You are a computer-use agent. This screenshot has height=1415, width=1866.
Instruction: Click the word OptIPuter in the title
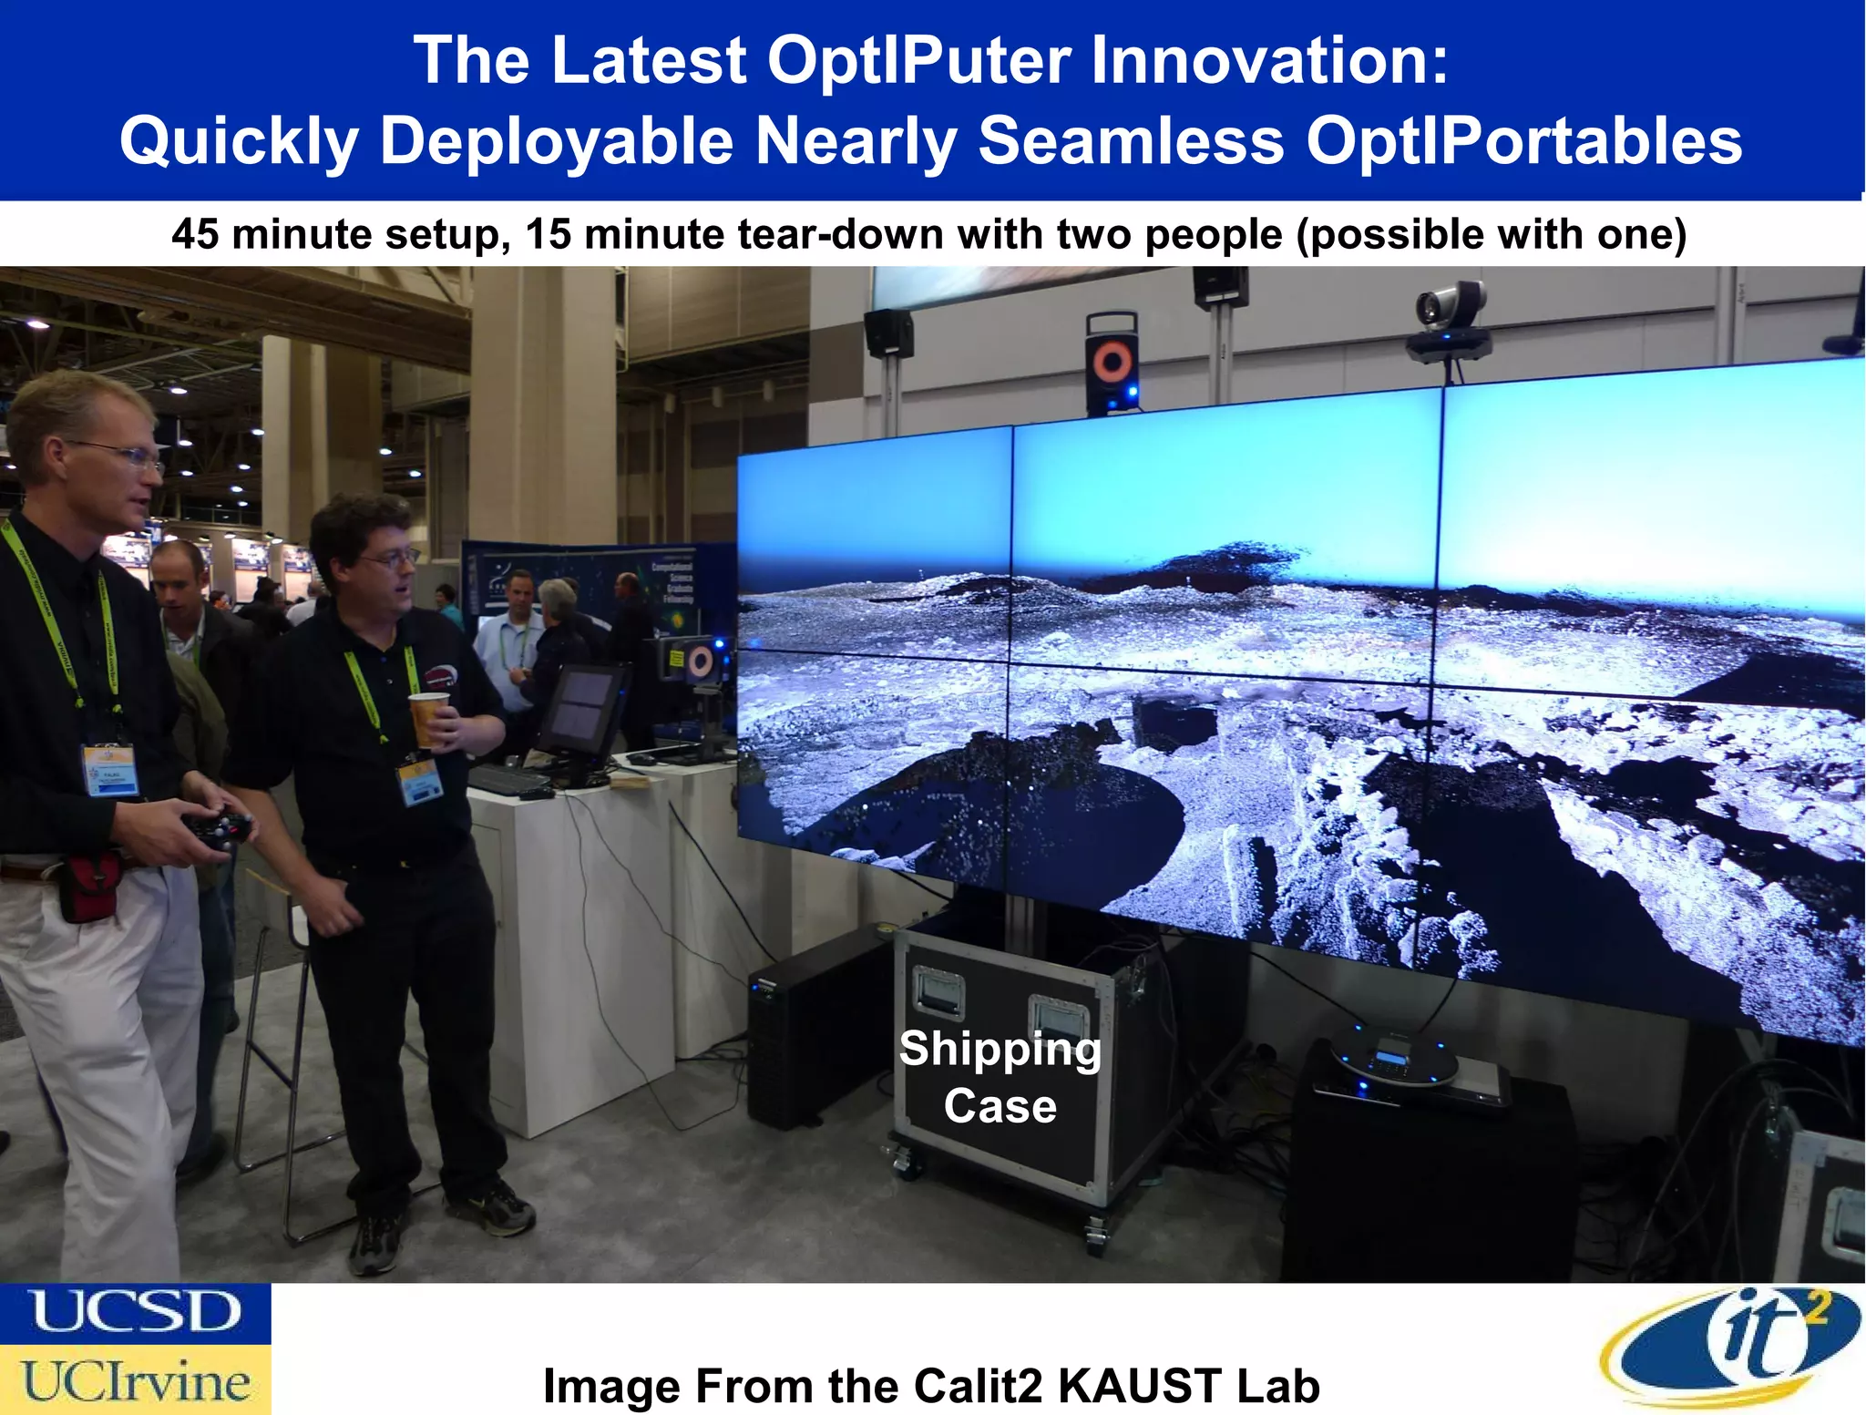click(918, 60)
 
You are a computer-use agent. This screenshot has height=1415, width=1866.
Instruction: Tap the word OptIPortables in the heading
click(1523, 141)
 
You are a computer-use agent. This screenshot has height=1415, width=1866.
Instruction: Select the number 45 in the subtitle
click(194, 234)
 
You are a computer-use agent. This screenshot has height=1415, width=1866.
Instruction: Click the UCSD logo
click(135, 1313)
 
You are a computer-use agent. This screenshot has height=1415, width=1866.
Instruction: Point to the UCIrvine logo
click(135, 1380)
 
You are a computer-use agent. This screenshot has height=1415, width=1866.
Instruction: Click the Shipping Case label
click(1000, 1077)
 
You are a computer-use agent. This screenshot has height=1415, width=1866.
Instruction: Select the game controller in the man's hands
click(219, 829)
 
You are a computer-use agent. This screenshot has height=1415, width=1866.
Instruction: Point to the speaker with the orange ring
click(1112, 364)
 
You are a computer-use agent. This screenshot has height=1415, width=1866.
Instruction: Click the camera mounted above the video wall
click(1451, 319)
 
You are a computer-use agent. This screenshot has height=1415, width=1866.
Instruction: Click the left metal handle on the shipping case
click(938, 992)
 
